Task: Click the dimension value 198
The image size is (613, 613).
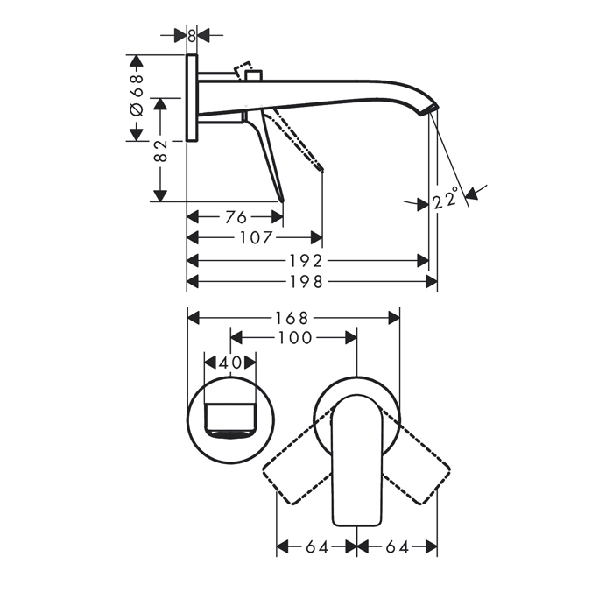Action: tap(312, 281)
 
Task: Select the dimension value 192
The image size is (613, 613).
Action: tap(312, 261)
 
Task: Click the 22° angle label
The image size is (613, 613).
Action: tap(446, 201)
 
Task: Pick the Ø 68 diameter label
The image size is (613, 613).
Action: tap(136, 97)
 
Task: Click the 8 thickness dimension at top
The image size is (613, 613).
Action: tap(192, 34)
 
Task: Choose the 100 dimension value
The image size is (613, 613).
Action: tap(293, 337)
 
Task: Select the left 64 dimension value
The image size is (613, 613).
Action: tap(316, 547)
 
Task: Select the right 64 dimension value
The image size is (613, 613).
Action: tap(397, 547)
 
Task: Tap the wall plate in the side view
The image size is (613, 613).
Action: tap(192, 97)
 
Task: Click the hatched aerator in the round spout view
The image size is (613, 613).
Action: tap(230, 432)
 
